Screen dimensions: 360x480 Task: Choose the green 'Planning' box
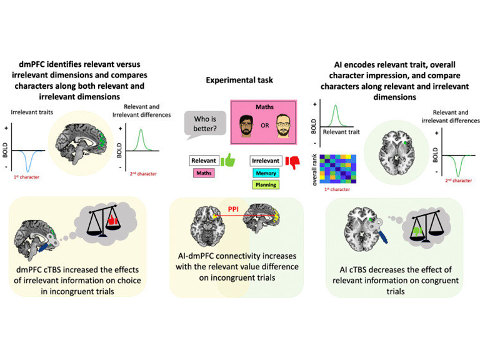click(x=265, y=185)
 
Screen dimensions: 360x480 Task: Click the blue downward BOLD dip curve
click(x=26, y=161)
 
